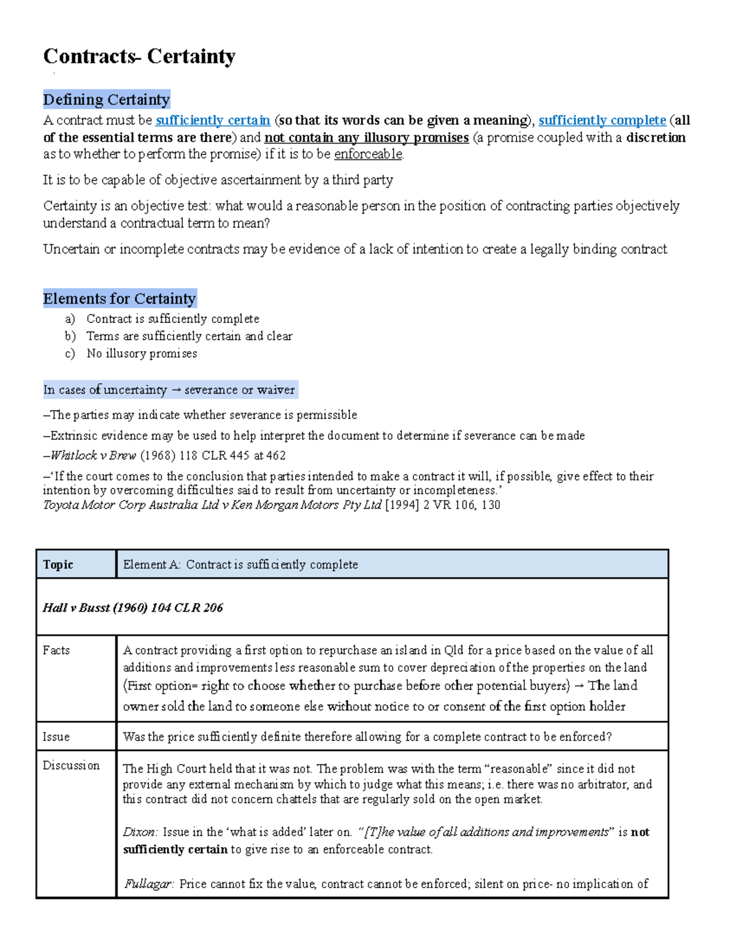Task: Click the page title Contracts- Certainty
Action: click(139, 56)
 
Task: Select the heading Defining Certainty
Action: click(106, 99)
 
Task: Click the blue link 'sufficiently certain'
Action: click(213, 120)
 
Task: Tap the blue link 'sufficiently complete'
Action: click(602, 120)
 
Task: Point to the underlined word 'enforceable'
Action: click(368, 154)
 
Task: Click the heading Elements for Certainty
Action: click(119, 299)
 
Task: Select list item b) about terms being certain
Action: click(189, 336)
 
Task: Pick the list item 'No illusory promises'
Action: click(142, 353)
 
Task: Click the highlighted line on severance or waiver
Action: click(169, 390)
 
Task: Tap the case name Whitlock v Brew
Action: click(93, 455)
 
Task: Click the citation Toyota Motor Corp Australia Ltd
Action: click(212, 505)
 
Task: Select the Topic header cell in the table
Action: click(58, 565)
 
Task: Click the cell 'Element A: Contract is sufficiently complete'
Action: click(240, 565)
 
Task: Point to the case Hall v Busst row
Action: click(132, 607)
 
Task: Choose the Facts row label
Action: click(56, 650)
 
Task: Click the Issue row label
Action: click(56, 737)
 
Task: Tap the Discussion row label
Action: click(71, 766)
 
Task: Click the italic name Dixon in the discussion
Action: click(140, 832)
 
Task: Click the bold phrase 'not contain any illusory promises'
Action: click(366, 137)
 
